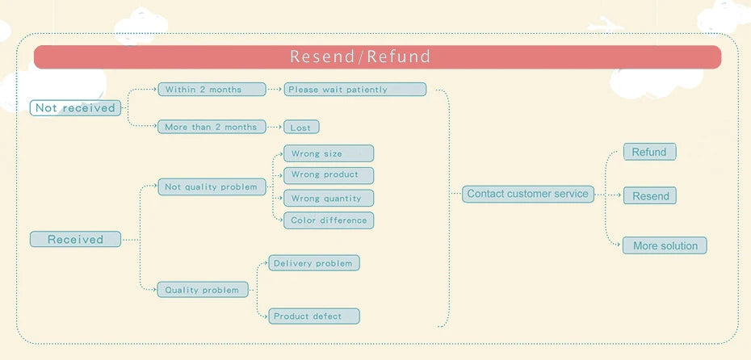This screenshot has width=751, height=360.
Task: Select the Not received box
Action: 75,108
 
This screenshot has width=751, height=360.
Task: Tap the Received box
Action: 75,239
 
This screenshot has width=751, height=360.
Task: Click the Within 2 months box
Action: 212,90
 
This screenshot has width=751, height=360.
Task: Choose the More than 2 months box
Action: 212,127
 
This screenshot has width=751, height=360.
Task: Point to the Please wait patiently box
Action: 355,90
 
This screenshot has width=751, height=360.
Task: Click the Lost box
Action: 301,128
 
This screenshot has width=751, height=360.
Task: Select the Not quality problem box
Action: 212,186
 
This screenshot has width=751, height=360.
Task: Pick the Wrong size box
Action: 328,153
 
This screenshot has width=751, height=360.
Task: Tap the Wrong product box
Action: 328,174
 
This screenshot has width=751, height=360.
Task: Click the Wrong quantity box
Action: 328,198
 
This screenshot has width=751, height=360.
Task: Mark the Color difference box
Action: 328,220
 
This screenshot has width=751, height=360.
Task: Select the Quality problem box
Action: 203,290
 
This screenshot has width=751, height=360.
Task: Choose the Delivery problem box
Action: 313,263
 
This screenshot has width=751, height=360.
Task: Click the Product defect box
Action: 313,316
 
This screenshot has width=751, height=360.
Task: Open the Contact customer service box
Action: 528,194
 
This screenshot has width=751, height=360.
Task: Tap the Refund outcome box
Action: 649,152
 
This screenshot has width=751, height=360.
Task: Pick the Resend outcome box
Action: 650,196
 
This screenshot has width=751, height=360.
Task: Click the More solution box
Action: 665,245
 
